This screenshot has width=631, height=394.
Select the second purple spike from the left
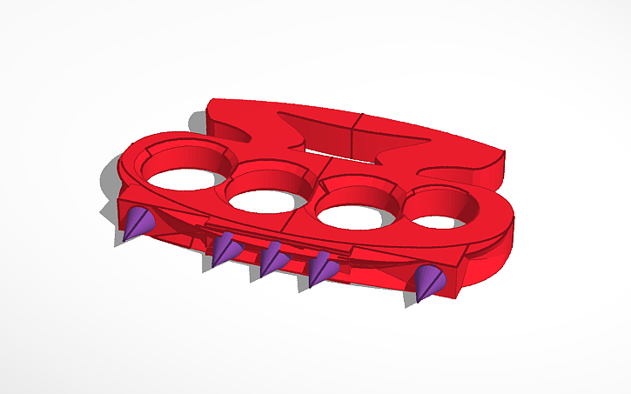tap(227, 250)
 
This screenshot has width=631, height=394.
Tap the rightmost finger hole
tap(443, 209)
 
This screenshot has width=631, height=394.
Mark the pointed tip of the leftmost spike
tap(124, 241)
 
